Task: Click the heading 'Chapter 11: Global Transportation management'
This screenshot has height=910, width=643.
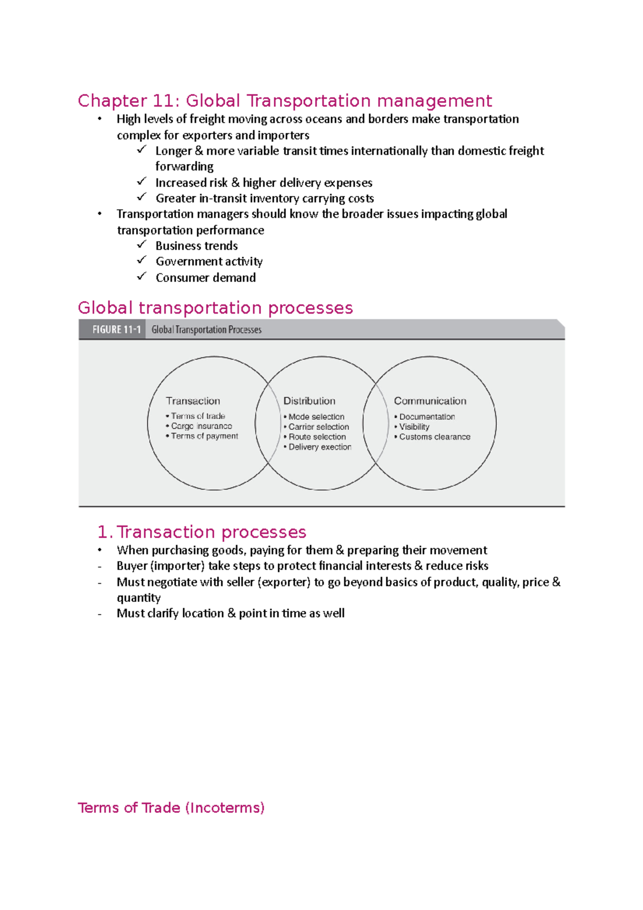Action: (x=285, y=101)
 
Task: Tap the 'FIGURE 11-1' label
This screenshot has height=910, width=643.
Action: (x=116, y=330)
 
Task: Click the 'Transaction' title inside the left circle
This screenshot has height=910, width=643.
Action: (x=193, y=401)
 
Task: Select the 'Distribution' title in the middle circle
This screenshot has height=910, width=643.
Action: (x=309, y=401)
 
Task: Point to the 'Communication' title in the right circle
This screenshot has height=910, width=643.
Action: (x=430, y=401)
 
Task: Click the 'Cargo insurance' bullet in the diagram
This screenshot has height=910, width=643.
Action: (x=201, y=426)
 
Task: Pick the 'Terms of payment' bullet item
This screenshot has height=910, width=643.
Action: (x=204, y=436)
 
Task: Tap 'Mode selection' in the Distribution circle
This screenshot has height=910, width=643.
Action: (x=316, y=416)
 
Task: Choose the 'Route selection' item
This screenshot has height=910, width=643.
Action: (x=317, y=437)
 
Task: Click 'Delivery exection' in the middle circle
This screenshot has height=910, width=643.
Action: (x=319, y=447)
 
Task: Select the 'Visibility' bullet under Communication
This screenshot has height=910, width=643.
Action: (x=414, y=427)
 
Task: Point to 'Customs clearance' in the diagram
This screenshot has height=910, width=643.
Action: (x=434, y=437)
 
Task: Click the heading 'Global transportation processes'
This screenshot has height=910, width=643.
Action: (x=215, y=308)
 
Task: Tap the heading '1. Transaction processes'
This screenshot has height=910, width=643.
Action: (x=201, y=532)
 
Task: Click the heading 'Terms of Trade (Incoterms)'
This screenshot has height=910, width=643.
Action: (x=171, y=808)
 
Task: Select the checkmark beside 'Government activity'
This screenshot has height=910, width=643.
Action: (x=141, y=260)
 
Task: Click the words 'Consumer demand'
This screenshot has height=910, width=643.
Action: (x=206, y=278)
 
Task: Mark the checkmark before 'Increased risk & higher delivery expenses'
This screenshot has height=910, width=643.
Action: (x=141, y=182)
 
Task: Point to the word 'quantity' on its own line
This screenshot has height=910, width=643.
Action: (x=138, y=598)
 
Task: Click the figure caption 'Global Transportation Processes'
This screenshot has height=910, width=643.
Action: (x=206, y=330)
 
